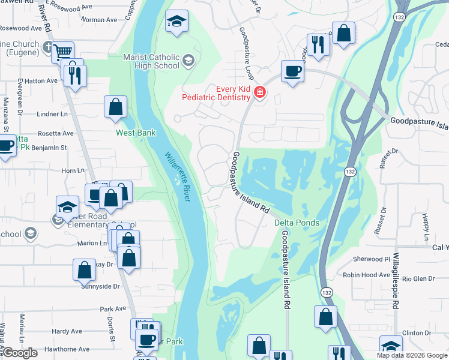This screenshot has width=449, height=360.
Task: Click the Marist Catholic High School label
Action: coord(151,61)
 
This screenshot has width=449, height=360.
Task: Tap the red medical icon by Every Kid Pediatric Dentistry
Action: coord(260,92)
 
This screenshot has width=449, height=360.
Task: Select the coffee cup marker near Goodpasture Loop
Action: coord(292,71)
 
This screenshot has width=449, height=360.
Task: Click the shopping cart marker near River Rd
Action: coord(62,51)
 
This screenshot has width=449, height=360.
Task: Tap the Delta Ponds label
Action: coord(297,223)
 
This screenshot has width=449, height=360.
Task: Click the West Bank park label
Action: coord(136,133)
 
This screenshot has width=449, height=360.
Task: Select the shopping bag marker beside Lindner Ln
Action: coord(116,108)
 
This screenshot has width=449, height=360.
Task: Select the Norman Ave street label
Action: coord(99,20)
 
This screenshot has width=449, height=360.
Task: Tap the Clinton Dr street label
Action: coord(417,332)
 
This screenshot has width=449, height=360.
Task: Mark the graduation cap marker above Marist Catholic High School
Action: coord(176,22)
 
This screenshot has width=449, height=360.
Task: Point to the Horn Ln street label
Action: coord(73,170)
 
